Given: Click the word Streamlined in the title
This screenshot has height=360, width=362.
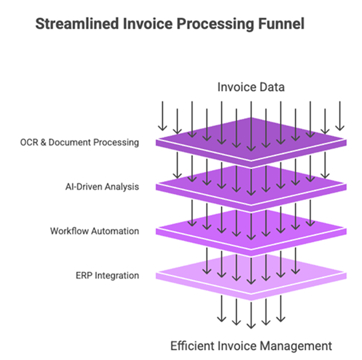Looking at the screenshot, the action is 77,23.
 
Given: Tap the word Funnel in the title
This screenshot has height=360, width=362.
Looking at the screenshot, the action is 281,23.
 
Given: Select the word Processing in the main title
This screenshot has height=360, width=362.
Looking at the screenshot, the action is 215,25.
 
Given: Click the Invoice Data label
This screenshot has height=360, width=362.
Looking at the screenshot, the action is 251,87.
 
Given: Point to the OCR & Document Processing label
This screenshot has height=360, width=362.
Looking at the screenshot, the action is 79,142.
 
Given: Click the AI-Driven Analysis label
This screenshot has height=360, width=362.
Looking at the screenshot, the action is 102,187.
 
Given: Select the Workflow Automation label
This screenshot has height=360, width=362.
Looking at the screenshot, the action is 95,231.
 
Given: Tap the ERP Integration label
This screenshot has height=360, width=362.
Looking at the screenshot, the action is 107,276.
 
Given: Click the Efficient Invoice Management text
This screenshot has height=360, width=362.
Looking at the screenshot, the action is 251,346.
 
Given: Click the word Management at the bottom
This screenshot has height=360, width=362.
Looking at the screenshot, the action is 296,346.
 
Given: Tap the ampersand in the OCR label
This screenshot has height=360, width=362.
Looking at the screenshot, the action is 43,142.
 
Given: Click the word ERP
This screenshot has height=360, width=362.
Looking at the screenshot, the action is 84,276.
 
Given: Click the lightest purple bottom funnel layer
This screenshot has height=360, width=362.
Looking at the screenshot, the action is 251,277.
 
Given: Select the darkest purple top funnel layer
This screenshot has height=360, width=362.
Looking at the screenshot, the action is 251,142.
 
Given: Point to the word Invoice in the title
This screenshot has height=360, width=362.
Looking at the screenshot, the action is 148,23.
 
